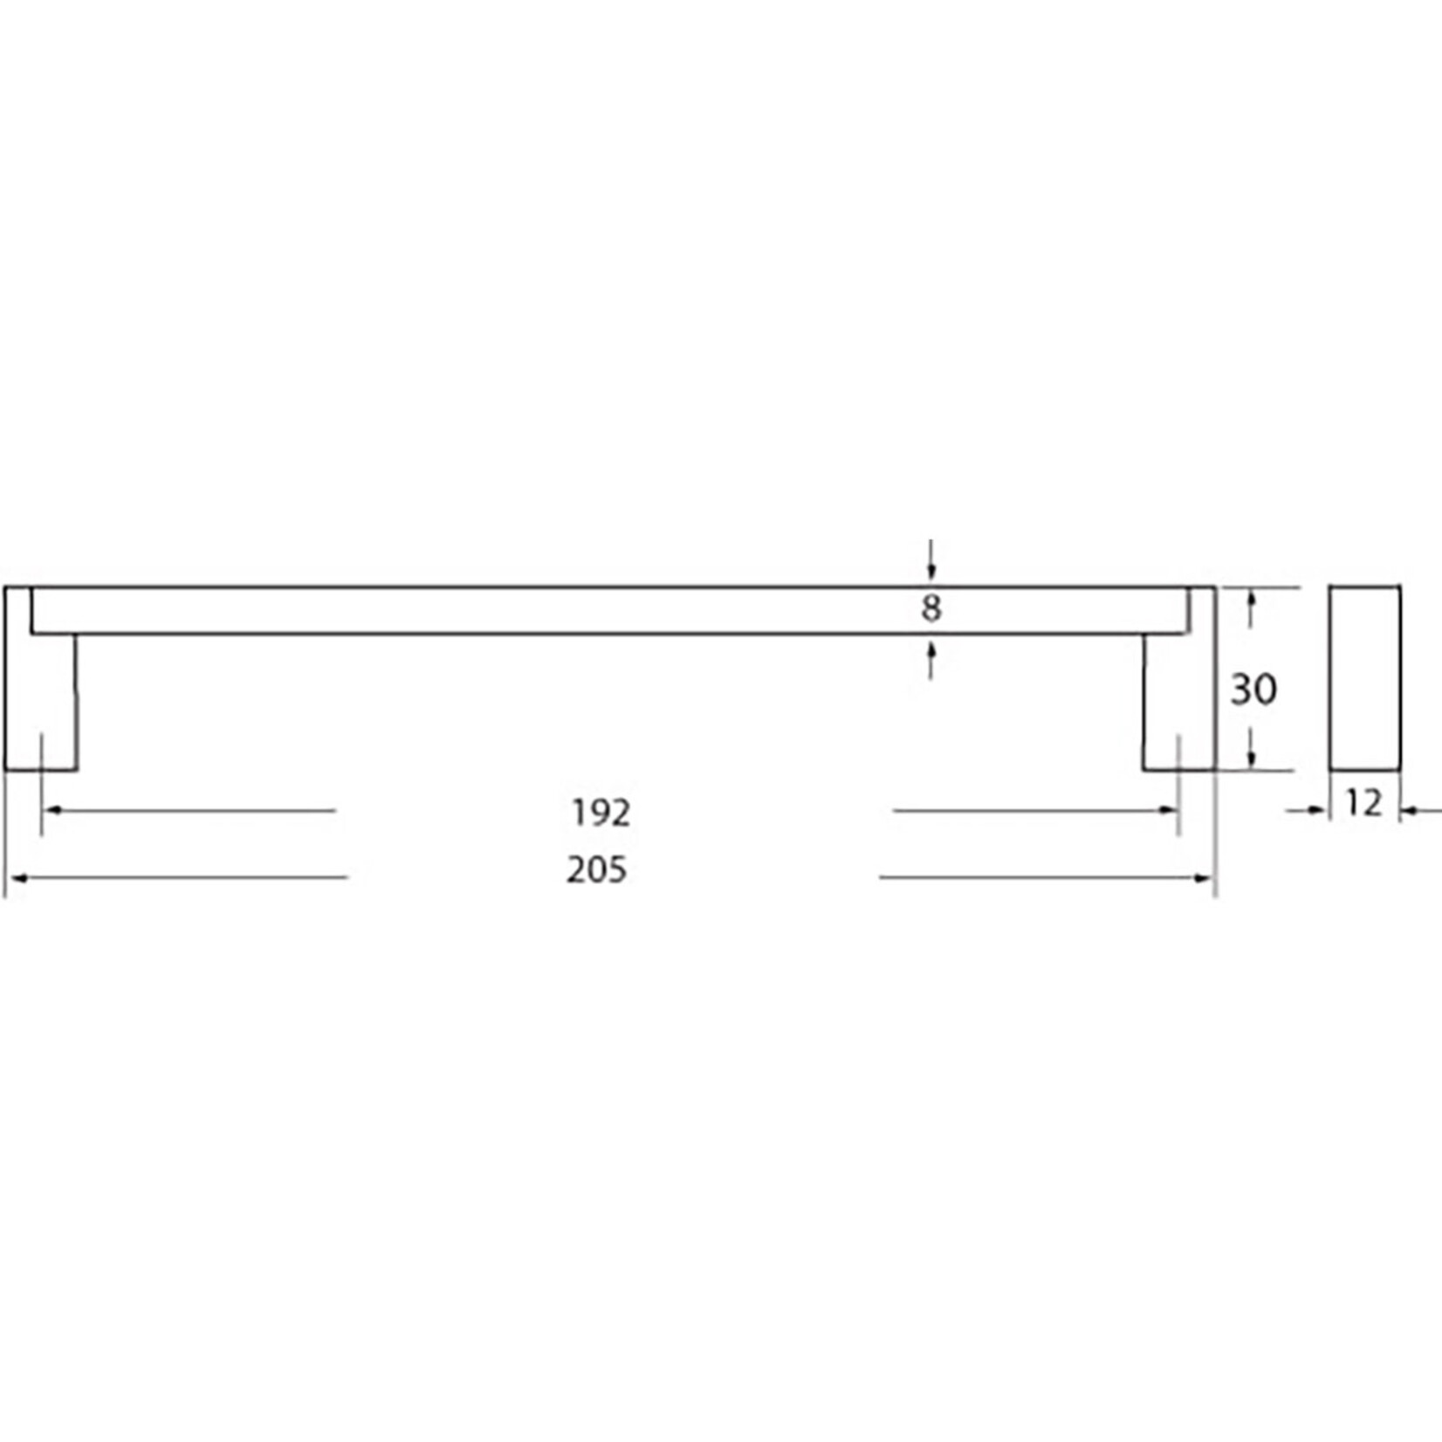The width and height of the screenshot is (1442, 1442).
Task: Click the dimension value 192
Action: pos(601,814)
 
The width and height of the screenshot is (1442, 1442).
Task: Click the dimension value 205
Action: pos(597,870)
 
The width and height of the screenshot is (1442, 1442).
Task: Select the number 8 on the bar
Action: pos(931,608)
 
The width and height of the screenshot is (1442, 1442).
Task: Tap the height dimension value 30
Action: pos(1253,690)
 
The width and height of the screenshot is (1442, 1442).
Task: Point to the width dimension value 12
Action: pos(1364,803)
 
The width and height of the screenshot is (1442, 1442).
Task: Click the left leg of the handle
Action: pos(41,703)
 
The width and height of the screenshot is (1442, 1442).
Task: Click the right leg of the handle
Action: pos(1178,703)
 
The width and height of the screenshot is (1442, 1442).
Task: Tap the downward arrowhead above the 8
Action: pos(931,572)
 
